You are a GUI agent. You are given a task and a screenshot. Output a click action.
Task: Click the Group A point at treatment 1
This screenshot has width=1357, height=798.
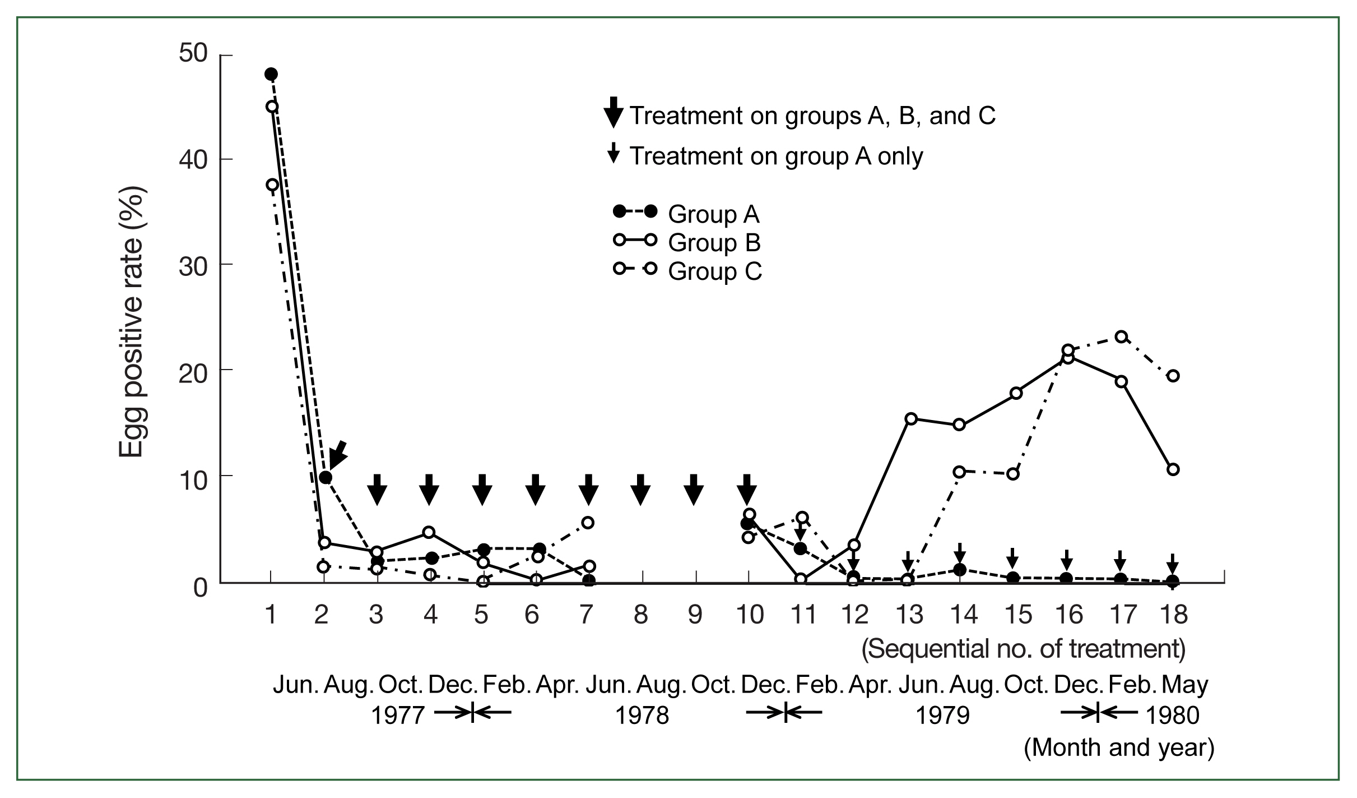[271, 74]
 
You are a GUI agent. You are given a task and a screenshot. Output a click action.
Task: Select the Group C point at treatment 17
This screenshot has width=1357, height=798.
[1121, 336]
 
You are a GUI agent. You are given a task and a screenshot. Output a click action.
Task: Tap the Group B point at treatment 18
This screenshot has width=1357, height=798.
[1173, 469]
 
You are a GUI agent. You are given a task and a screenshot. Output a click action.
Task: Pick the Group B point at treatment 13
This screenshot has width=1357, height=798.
[910, 418]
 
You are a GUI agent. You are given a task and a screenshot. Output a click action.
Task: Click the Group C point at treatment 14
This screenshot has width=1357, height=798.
[960, 472]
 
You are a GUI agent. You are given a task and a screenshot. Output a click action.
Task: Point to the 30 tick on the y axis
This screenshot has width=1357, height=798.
[220, 265]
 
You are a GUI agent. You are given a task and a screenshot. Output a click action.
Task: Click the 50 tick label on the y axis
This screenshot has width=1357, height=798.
[193, 54]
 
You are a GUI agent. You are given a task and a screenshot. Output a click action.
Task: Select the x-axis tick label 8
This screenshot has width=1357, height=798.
[640, 615]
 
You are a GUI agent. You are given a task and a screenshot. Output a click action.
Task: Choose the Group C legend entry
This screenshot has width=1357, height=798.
[687, 271]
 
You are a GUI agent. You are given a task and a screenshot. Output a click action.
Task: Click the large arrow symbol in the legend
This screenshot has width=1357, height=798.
[614, 112]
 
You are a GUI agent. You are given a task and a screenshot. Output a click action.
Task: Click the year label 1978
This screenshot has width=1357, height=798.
[642, 716]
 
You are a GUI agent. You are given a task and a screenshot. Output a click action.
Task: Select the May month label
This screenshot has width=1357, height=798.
[1184, 685]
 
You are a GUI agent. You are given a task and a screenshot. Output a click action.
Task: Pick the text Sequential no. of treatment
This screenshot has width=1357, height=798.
[1024, 649]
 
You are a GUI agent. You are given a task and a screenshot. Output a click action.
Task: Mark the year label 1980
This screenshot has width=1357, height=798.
[1172, 716]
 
